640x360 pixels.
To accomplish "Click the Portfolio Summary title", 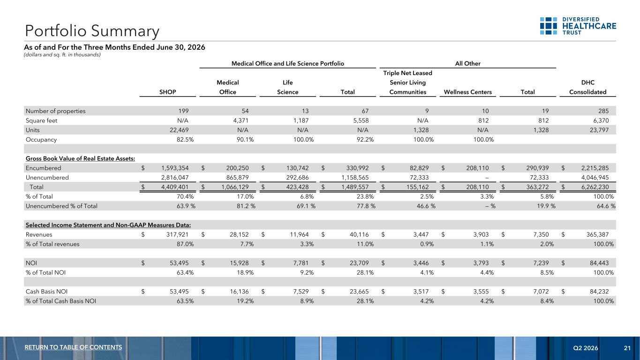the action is coord(92,31).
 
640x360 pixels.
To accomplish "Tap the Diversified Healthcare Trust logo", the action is coord(578,26).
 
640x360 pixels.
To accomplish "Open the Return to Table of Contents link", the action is coord(73,347).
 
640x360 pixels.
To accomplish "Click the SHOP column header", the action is coord(168,92).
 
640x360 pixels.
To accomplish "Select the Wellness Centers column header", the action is coord(468,92).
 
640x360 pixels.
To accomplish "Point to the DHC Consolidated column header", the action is coord(587,87).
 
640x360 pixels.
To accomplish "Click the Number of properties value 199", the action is coord(183,111).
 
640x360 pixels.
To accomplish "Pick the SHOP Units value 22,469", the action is coord(179,130).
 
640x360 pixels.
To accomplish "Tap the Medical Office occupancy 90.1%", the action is coord(245,139).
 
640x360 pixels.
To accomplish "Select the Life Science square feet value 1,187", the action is coord(301,120).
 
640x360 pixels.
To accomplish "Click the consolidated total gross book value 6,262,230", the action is coord(595,187).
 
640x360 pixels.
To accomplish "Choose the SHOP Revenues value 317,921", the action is coord(177,234).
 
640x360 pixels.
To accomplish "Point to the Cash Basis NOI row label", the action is coord(46,292).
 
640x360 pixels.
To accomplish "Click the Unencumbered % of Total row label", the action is coord(61,206).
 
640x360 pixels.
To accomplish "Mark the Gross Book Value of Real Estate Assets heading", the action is coord(80,158).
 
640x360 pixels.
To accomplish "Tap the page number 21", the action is coord(627,348).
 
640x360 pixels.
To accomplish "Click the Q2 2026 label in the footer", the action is coord(586,348).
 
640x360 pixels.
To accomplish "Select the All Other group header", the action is coord(468,63).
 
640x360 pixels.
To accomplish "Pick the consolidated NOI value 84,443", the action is coord(599,263).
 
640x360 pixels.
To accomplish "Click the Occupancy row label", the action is coord(41,140).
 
